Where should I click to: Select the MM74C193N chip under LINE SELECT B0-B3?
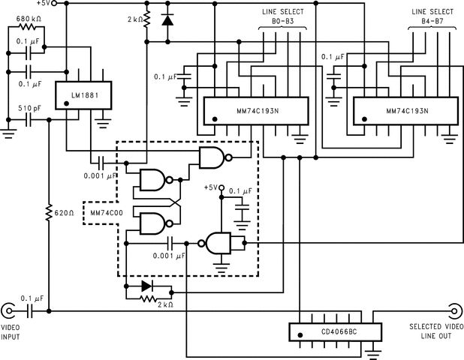[x=251, y=111]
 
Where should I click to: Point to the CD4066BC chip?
[x=333, y=331]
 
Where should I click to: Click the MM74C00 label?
[x=105, y=213]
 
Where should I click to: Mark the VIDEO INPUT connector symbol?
[x=9, y=310]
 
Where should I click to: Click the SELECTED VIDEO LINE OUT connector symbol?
[x=454, y=310]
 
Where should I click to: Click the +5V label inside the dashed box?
[x=211, y=187]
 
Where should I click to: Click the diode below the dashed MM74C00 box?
[x=146, y=286]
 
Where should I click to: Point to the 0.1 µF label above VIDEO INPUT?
[x=32, y=298]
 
